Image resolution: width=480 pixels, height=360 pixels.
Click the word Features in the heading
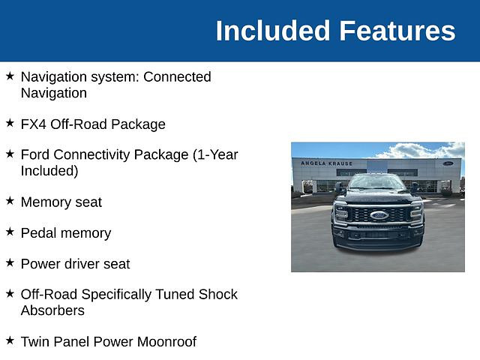click(397, 31)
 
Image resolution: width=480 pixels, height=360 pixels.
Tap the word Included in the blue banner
click(273, 31)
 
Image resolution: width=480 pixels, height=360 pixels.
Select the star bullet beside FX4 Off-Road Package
click(10, 123)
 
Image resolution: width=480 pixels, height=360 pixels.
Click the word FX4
click(34, 124)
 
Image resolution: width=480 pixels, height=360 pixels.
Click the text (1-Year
click(215, 155)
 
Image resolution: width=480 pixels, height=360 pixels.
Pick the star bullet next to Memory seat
click(10, 201)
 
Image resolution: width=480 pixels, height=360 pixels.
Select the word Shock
click(218, 294)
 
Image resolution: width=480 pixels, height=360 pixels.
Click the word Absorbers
click(52, 310)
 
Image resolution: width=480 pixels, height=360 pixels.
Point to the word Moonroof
click(166, 342)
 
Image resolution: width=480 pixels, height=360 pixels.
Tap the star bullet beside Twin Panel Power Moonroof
click(10, 340)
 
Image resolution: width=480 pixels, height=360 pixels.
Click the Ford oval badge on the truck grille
click(379, 215)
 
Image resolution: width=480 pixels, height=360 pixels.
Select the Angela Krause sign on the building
click(327, 163)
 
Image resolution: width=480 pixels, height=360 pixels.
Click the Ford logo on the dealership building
click(448, 163)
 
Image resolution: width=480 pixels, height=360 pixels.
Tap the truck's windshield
click(376, 182)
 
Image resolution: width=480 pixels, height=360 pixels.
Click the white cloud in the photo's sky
click(422, 151)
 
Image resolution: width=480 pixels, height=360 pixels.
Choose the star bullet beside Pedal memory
click(10, 232)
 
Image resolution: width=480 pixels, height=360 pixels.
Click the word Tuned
click(175, 294)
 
